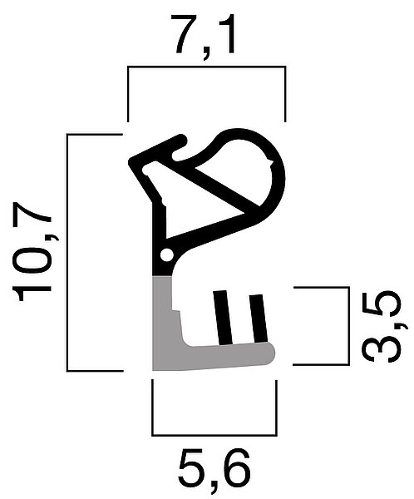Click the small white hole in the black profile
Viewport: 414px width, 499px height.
166,255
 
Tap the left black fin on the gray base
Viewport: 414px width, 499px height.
222,318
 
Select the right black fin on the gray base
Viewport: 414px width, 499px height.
258,319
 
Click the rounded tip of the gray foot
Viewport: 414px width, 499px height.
270,353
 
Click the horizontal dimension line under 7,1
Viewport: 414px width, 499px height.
206,67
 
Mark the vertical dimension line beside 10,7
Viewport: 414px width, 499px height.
68,253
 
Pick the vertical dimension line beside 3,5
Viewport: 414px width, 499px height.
348,326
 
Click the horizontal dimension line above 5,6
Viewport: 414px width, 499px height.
214,434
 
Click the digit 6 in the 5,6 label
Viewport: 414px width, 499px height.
234,468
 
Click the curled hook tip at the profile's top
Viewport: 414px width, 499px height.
182,140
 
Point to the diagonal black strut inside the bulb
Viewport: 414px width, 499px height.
227,188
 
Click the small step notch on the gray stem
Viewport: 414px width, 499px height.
175,310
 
